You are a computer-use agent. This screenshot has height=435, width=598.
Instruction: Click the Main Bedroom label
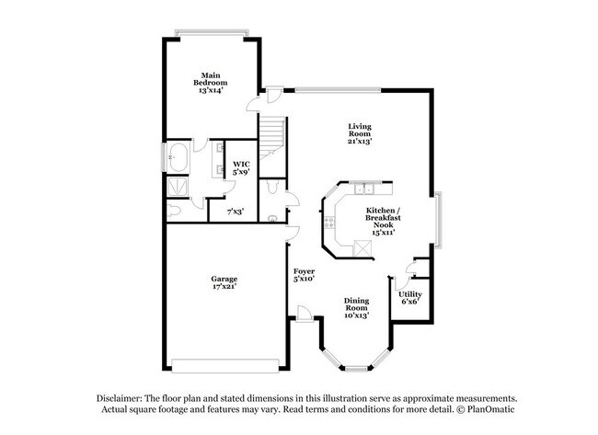click(211, 76)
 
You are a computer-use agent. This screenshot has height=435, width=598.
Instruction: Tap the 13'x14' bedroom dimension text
click(211, 90)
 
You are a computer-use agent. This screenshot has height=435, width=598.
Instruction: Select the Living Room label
click(359, 130)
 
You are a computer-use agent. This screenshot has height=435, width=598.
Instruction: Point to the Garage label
click(224, 279)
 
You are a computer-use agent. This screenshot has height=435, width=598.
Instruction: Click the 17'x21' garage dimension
click(224, 287)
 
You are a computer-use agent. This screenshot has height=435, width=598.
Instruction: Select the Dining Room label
click(357, 304)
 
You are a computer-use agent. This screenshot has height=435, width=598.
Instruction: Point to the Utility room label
click(410, 292)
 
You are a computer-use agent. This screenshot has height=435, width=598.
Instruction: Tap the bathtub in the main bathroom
click(178, 157)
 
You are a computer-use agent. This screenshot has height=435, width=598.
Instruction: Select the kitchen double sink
click(365, 191)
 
